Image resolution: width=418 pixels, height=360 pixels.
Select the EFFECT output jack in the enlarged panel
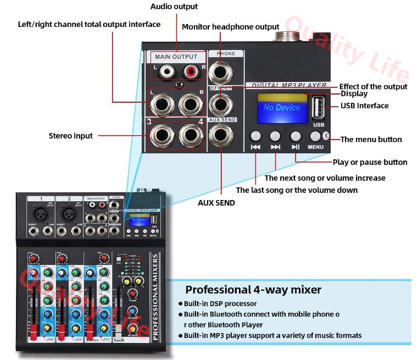click(x=221, y=103)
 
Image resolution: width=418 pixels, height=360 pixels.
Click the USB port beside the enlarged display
click(x=319, y=107)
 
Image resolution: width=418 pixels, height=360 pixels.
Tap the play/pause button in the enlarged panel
click(x=296, y=136)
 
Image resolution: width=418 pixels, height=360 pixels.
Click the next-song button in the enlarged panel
click(x=275, y=136)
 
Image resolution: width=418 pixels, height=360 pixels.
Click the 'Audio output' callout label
click(x=174, y=7)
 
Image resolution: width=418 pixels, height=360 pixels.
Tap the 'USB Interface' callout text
click(x=364, y=106)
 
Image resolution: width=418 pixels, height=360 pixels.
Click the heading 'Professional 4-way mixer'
click(x=253, y=290)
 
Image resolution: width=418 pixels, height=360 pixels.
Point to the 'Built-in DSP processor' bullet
click(x=220, y=303)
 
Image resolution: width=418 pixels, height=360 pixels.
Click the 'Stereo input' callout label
click(x=71, y=135)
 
